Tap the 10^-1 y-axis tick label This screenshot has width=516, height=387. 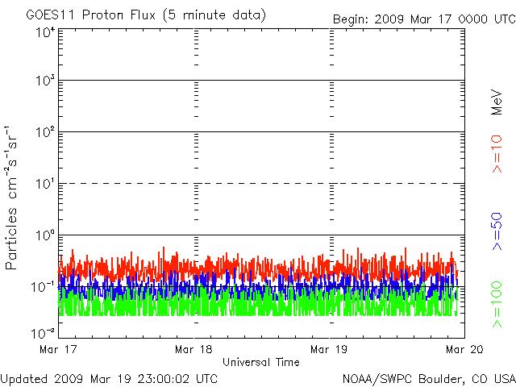(43, 286)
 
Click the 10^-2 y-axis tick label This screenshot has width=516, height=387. (43, 332)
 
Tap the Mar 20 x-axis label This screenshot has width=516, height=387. (461, 349)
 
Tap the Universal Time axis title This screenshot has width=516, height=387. (260, 362)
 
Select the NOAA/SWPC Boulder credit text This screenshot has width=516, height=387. (428, 377)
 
